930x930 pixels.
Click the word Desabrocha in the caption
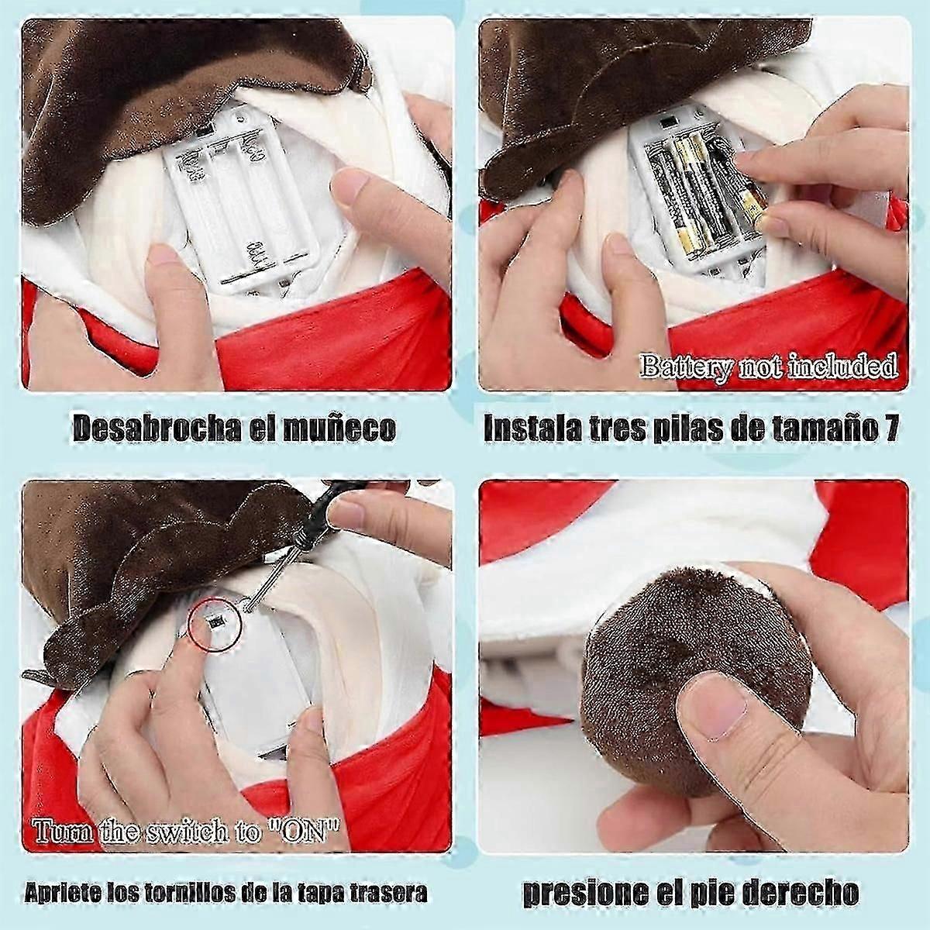click(x=156, y=428)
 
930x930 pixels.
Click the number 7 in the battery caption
click(x=891, y=427)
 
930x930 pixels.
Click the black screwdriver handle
click(x=328, y=511)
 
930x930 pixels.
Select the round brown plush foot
click(x=695, y=680)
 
